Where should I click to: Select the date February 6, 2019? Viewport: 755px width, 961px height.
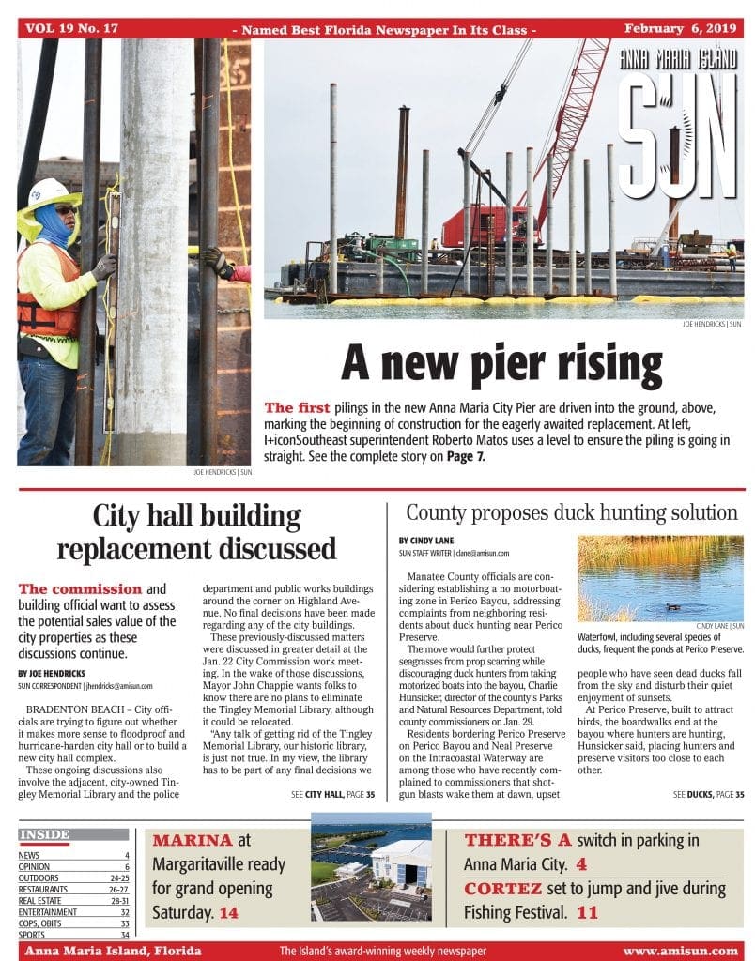681,28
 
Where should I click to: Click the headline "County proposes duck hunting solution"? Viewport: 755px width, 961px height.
571,513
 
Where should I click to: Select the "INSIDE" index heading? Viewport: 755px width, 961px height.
44,834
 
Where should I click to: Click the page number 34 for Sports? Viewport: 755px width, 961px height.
124,935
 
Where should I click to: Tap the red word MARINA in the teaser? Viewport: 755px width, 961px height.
193,840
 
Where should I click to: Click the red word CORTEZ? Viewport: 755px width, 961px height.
502,888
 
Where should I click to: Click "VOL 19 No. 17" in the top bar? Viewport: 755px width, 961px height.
72,28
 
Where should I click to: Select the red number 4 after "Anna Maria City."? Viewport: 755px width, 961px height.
581,864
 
